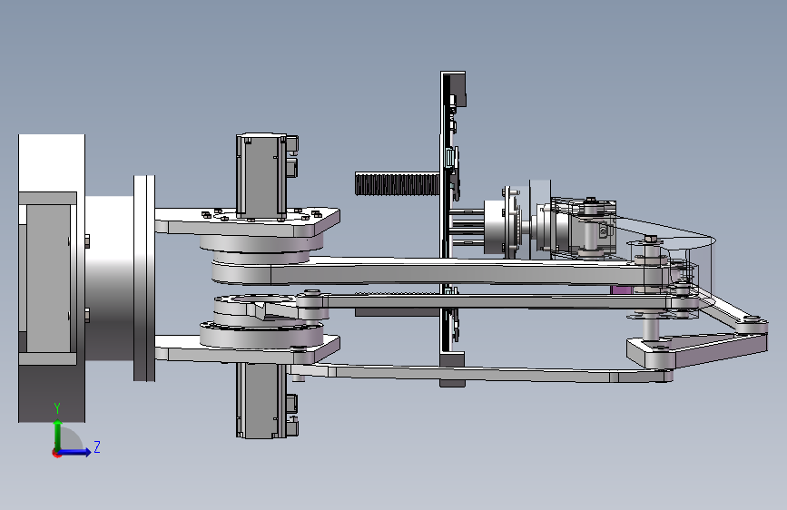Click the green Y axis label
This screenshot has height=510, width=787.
tap(57, 407)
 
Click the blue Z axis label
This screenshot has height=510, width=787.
tap(97, 446)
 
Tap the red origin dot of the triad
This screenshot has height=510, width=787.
tap(56, 453)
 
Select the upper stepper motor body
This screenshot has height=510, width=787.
tap(261, 176)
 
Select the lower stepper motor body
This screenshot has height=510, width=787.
tap(261, 400)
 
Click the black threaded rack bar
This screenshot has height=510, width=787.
tap(397, 183)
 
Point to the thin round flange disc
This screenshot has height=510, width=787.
tap(144, 278)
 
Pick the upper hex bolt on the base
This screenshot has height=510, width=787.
tap(87, 241)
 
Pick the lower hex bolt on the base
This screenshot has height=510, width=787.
tap(87, 315)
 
